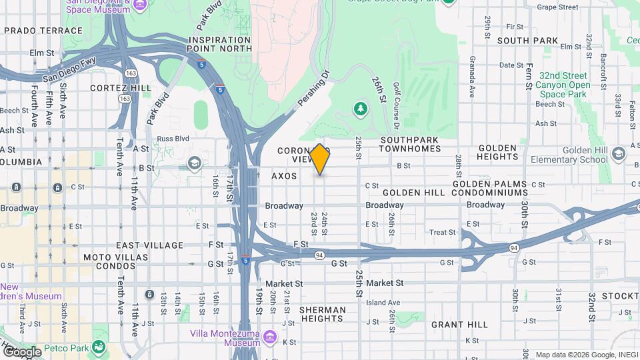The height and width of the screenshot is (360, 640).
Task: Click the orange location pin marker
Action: coord(320,159)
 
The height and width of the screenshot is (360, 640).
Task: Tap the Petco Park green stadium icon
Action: coord(99,346)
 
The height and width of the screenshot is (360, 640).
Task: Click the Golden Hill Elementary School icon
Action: coord(619,154)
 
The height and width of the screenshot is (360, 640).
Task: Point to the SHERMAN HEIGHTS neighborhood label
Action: coord(322,315)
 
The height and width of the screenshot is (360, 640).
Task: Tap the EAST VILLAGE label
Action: coord(149,245)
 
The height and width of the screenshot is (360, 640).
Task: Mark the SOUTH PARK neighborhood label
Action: coord(527,41)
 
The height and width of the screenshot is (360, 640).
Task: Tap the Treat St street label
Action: coord(442,233)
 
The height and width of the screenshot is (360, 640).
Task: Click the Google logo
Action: coord(22,351)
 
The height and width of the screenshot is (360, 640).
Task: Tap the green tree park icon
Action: coord(361,107)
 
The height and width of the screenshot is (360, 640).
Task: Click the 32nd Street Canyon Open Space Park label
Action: coord(565,85)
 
